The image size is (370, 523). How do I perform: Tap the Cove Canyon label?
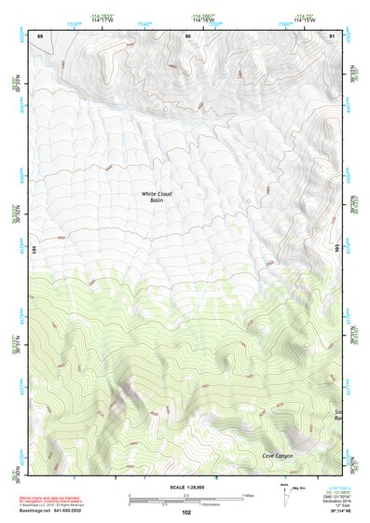click(x=278, y=456)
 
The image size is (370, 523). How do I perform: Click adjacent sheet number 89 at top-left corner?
click(x=40, y=34)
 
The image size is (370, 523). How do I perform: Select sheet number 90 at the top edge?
click(x=189, y=34)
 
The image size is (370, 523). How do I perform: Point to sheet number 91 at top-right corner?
click(x=332, y=34)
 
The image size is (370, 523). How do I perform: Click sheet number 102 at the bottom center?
click(x=185, y=513)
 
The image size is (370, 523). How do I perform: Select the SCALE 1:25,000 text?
click(x=185, y=488)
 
